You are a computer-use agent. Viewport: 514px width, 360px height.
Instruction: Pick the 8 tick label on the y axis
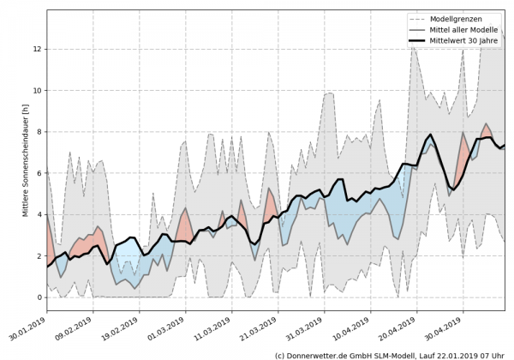(39, 132)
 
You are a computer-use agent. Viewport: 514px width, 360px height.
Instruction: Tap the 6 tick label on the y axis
(39, 173)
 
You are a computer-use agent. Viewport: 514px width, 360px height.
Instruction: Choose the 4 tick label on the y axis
(39, 214)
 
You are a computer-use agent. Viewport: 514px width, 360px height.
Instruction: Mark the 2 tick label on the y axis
(39, 256)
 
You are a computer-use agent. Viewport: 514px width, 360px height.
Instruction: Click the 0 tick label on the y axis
(39, 297)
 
